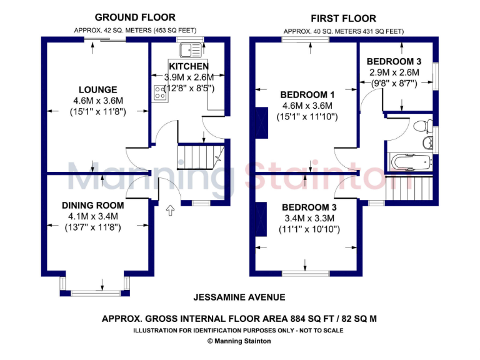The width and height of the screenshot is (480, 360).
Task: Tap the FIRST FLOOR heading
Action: (x=343, y=18)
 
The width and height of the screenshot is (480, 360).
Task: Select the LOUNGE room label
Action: (x=97, y=89)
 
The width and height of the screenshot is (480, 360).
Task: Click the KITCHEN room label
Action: (x=189, y=66)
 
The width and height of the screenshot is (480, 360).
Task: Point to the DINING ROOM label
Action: (x=92, y=205)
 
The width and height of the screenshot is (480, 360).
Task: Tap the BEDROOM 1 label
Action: (x=307, y=94)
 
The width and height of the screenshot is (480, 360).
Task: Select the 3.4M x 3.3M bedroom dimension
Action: (x=309, y=218)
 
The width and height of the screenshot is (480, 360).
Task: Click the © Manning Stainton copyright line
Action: (x=239, y=341)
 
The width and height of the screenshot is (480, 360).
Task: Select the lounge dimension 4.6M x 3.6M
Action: (x=97, y=101)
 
